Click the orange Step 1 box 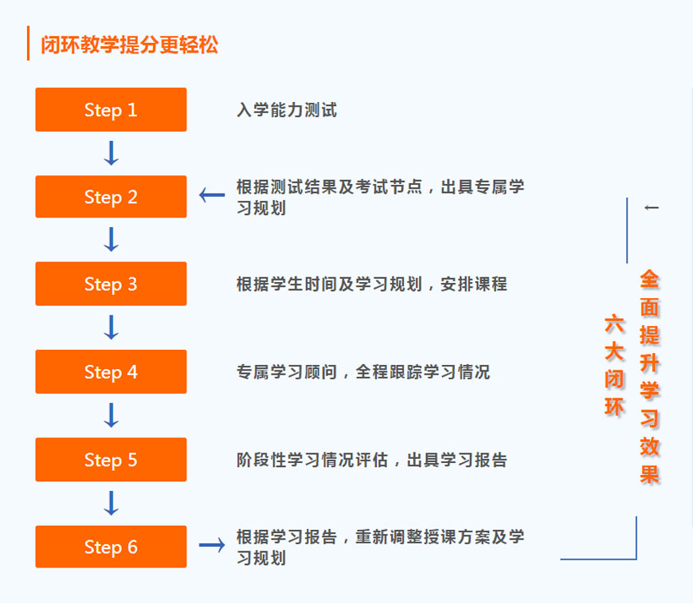coord(111,110)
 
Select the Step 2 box coord(111,197)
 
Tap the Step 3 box coord(111,284)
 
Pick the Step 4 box coord(111,372)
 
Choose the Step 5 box coord(111,460)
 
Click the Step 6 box coord(111,547)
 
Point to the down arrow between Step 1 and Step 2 coord(112,153)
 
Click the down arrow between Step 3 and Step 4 coord(112,327)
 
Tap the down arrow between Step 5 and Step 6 coord(112,503)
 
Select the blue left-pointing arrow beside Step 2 coord(212,194)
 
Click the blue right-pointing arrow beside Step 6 coord(212,545)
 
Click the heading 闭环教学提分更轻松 coord(129,45)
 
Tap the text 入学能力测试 coord(287,110)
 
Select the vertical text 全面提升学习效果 coord(650,377)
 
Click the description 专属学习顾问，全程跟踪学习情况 coord(362,372)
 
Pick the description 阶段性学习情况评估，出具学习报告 coord(371,460)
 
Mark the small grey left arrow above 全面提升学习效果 coord(652,208)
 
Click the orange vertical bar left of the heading coord(29,44)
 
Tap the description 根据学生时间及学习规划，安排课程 coord(371,284)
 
